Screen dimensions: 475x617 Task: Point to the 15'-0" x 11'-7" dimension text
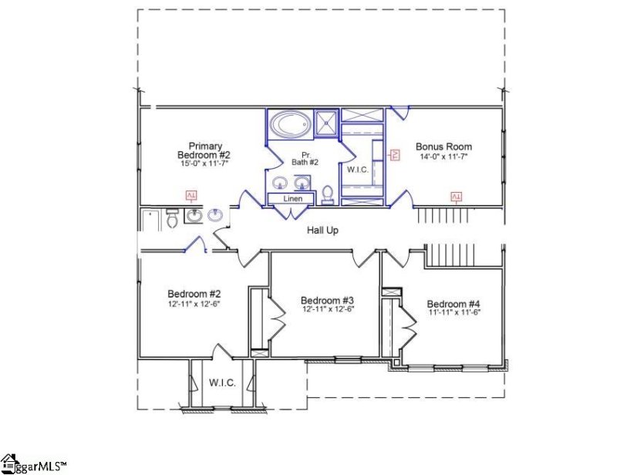coord(203,164)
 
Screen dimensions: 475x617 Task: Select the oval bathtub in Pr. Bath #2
coord(290,123)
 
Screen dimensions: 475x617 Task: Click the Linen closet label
coord(292,199)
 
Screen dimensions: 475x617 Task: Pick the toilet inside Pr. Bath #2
coord(327,193)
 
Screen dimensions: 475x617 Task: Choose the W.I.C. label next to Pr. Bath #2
coord(357,169)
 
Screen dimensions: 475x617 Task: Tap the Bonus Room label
coord(443,147)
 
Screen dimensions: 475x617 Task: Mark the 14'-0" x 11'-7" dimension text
coord(443,157)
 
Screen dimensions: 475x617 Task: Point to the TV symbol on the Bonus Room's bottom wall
coord(456,197)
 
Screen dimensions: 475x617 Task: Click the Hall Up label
coord(322,230)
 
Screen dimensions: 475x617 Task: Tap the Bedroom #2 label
coord(194,294)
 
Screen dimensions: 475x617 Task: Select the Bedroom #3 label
coord(327,300)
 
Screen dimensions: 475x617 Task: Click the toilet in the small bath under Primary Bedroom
coord(172,221)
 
